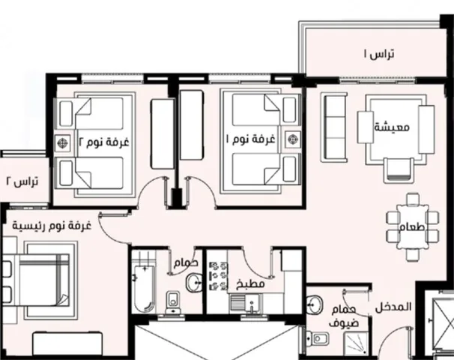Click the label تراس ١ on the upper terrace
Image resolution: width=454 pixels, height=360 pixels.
[379, 54]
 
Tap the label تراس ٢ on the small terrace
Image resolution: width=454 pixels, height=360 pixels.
[22, 181]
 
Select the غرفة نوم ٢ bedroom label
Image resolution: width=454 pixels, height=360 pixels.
[104, 142]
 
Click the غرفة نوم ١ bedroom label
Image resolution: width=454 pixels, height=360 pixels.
[250, 139]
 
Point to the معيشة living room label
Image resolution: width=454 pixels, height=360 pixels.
[392, 127]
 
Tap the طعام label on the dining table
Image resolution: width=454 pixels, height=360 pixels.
[412, 226]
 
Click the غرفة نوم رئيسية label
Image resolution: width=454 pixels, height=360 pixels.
[52, 225]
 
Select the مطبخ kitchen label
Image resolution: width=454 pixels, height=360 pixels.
[250, 284]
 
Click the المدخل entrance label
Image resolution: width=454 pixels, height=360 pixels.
[393, 307]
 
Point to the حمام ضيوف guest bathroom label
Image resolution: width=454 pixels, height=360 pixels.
[343, 316]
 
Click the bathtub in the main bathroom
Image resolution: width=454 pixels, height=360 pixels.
[144, 288]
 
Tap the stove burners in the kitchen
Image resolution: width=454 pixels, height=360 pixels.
[218, 276]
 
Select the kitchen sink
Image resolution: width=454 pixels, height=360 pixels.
[246, 304]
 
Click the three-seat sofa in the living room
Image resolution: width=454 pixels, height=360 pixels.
[334, 127]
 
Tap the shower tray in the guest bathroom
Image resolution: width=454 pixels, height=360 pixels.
[356, 343]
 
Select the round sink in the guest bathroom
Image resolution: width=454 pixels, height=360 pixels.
[315, 304]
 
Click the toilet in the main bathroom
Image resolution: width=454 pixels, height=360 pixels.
[173, 302]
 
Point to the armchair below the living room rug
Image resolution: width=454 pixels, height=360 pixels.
[399, 169]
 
